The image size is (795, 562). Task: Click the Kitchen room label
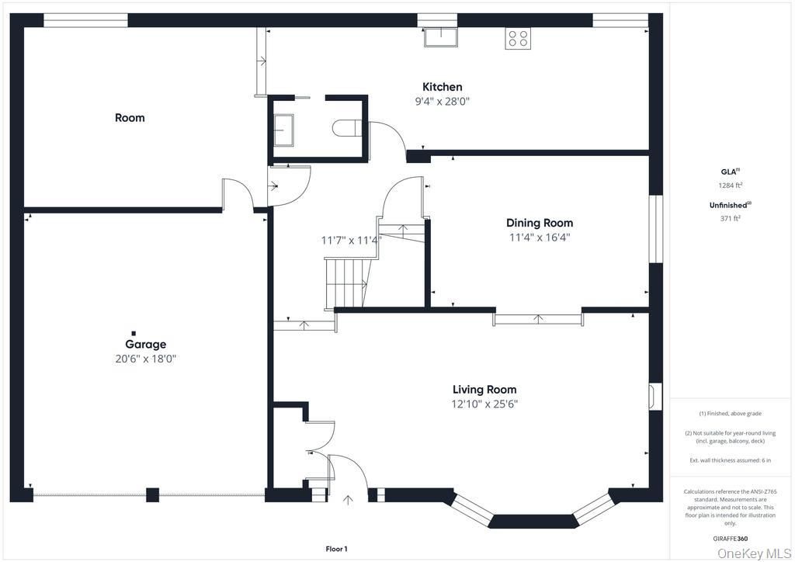pos(442,87)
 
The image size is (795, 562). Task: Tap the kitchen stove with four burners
pos(518,39)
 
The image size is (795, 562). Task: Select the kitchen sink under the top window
pos(441,37)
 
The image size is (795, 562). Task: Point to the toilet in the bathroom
pos(347,128)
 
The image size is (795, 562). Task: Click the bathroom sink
pos(284,130)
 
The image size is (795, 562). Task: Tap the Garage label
pos(145,345)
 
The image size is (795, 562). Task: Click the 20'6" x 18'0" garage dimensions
pos(145,359)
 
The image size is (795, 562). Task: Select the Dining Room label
pos(540,223)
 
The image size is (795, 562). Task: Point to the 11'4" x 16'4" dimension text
pos(540,238)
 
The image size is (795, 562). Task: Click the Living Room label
pos(484,390)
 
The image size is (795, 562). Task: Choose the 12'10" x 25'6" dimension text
pos(484,404)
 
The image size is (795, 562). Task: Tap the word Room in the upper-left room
pos(130,118)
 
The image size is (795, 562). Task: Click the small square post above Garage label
pos(134,333)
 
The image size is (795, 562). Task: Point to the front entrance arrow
pos(348,500)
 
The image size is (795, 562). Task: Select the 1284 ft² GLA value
pos(730,186)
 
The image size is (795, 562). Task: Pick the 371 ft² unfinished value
pos(730,218)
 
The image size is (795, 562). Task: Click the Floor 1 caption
pos(336,549)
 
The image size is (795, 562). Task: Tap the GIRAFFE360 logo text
pos(730,539)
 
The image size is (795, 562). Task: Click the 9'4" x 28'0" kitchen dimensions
pos(442,102)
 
